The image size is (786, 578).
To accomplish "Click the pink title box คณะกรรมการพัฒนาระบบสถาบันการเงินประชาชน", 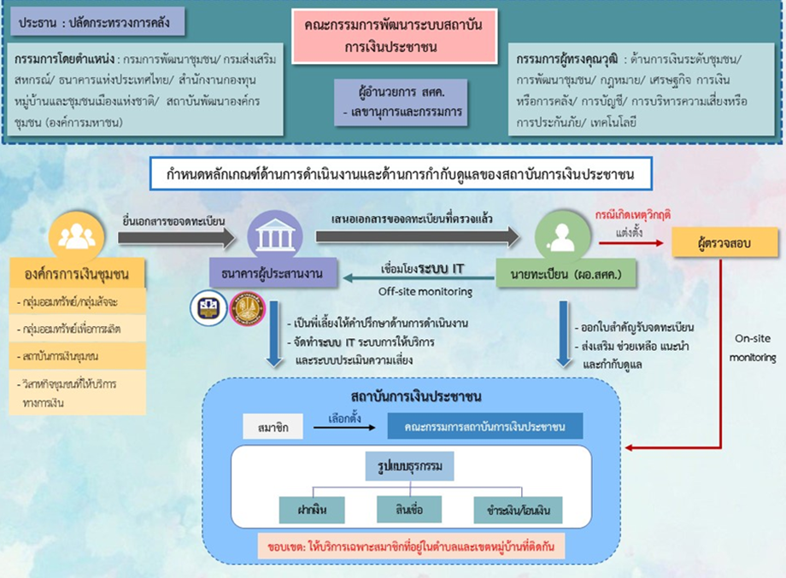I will [x=392, y=36].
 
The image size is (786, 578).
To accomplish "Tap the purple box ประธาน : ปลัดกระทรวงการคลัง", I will [x=98, y=22].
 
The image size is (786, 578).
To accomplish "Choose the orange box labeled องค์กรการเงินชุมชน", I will [x=76, y=275].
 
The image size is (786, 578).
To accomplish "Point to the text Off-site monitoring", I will [x=419, y=292].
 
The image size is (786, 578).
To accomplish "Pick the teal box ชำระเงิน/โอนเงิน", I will [x=519, y=510].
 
